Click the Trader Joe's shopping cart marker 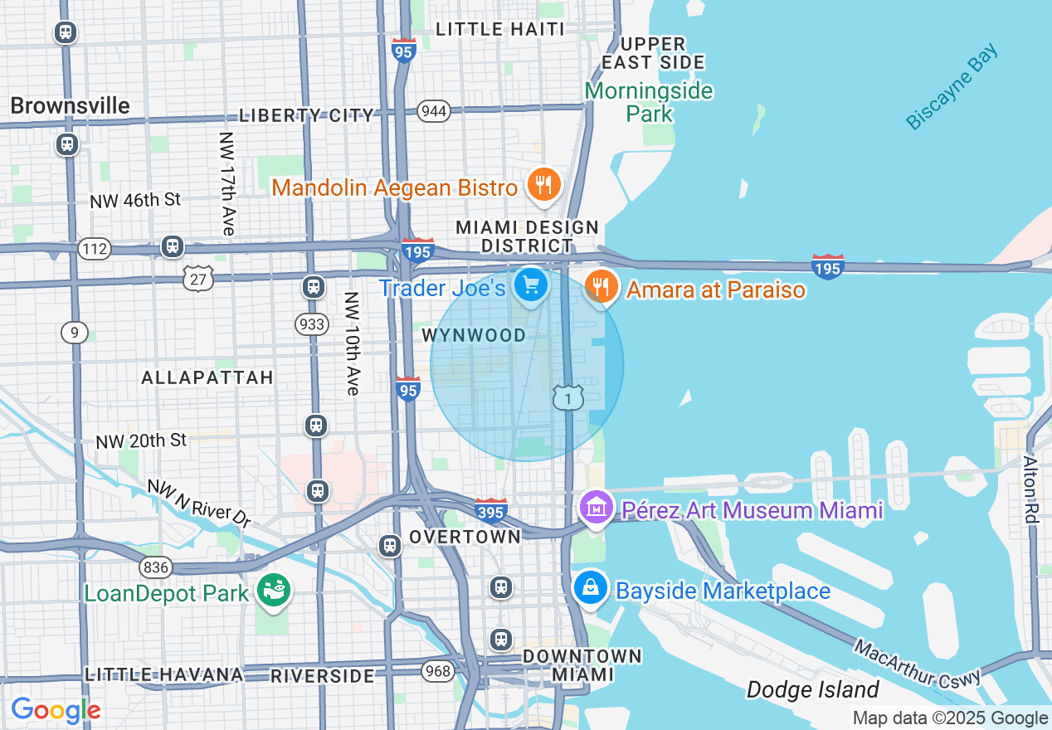point(530,286)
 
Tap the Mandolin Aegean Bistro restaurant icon point(543,186)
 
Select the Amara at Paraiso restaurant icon point(599,287)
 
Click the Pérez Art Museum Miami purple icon point(597,508)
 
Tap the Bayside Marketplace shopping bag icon point(591,589)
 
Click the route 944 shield point(434,111)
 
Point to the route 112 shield point(95,249)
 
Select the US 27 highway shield point(198,279)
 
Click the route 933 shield point(312,324)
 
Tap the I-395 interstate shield point(491,511)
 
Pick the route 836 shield point(156,567)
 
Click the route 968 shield point(437,669)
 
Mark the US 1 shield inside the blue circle point(568,398)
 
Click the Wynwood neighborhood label point(474,335)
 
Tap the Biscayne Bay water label point(952,87)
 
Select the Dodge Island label point(812,689)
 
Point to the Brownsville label point(71,106)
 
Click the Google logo point(56,710)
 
